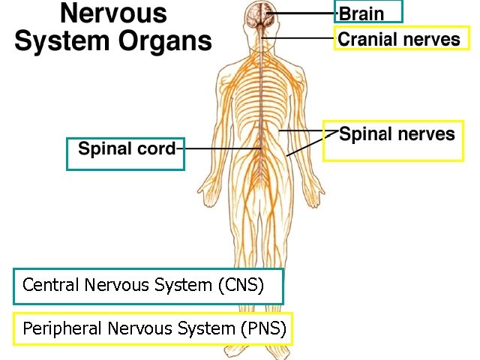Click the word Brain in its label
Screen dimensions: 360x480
click(361, 13)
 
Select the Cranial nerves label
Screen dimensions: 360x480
click(399, 39)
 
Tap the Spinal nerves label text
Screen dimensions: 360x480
click(397, 134)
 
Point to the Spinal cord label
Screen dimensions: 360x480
click(126, 148)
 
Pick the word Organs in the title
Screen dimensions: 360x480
click(167, 40)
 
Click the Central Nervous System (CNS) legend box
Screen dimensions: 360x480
click(148, 286)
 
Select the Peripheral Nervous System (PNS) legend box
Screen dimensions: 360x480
click(153, 328)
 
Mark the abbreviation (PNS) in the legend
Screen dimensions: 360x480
click(262, 328)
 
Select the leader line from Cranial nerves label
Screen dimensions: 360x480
click(300, 38)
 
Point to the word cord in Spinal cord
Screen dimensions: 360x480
click(154, 148)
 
